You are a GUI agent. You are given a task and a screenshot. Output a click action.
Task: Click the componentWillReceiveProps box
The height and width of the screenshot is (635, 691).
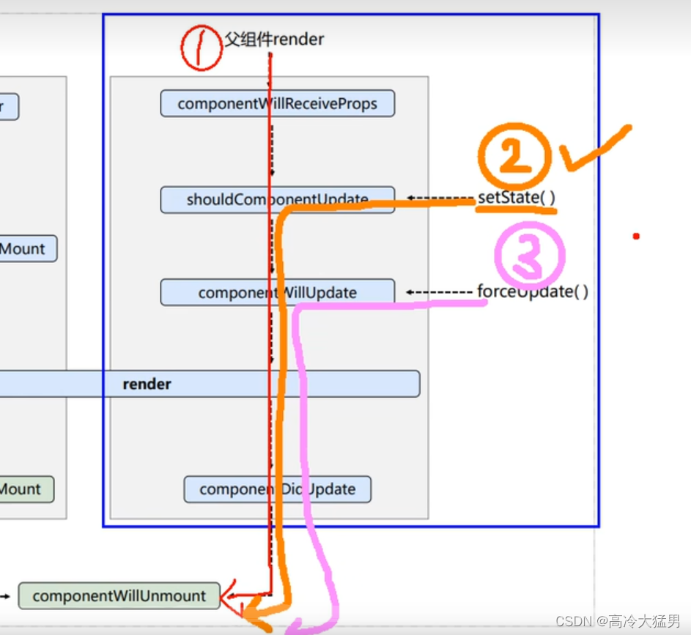click(x=277, y=103)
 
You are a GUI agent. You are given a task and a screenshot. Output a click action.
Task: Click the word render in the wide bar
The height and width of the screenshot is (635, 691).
click(x=147, y=384)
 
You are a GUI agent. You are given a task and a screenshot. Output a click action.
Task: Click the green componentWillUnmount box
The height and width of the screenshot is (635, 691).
click(x=119, y=595)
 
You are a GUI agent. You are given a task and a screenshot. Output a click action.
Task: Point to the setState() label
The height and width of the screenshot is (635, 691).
click(x=516, y=198)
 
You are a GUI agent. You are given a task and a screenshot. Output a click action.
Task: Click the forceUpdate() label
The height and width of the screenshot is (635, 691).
click(x=533, y=291)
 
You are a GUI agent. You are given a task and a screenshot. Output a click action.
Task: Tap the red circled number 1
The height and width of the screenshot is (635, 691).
click(x=201, y=48)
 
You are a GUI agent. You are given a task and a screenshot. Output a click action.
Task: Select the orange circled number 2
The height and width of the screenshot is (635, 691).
click(x=515, y=157)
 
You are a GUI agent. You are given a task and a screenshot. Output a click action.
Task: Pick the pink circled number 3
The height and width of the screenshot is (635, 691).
click(x=529, y=255)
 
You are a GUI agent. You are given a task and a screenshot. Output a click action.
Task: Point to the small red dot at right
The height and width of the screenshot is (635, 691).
click(x=636, y=236)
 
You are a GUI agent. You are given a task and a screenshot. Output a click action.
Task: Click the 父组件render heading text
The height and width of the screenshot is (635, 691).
click(x=274, y=40)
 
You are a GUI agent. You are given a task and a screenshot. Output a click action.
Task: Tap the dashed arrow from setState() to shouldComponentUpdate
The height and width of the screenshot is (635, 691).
click(x=440, y=198)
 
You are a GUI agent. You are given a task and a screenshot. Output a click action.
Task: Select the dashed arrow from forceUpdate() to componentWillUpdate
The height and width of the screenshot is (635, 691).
click(x=439, y=292)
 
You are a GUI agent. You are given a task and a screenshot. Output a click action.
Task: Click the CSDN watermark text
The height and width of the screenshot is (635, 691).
click(x=618, y=621)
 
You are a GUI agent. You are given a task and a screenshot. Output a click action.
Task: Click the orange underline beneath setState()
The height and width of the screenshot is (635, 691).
click(x=516, y=210)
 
